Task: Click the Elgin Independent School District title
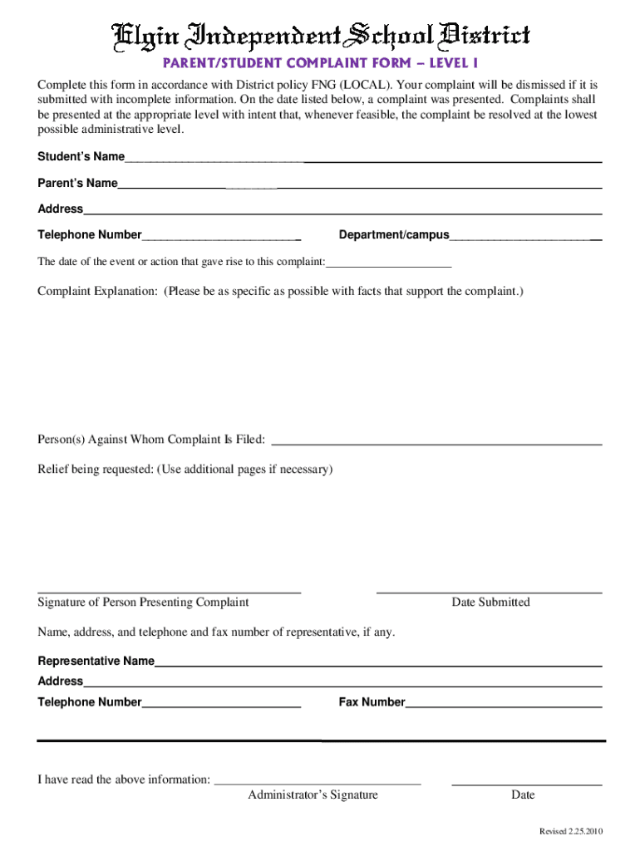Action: [321, 36]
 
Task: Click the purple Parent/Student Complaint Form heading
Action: [320, 64]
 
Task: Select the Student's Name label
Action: [81, 157]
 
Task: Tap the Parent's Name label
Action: [77, 183]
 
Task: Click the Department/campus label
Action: [394, 235]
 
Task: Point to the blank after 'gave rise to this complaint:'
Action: [389, 263]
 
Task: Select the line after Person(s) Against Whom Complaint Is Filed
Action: [437, 441]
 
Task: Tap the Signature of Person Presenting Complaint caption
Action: [143, 603]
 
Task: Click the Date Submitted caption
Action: [490, 603]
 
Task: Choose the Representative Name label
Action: [96, 662]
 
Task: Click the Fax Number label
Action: [372, 702]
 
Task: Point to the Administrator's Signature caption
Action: [313, 795]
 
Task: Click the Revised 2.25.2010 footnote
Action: [571, 832]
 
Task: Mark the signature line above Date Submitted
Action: [489, 593]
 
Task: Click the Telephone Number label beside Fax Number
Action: [90, 702]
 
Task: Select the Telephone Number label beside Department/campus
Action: [90, 235]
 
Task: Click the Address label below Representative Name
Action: [61, 681]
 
